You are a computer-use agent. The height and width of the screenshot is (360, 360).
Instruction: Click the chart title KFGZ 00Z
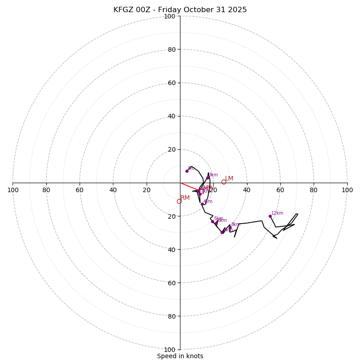[x=180, y=10]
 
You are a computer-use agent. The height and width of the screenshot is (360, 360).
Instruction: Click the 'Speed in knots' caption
[x=180, y=356]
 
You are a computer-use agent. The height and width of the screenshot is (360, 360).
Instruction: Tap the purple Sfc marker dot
[x=187, y=171]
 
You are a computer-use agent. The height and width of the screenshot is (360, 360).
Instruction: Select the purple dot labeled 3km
[x=207, y=178]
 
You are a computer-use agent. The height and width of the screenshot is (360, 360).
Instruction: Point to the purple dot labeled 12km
[x=270, y=216]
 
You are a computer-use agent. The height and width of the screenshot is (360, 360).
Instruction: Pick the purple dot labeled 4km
[x=202, y=204]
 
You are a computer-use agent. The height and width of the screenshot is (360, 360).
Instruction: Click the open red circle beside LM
[x=224, y=182]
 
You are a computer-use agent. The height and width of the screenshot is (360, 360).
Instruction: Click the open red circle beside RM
[x=179, y=201]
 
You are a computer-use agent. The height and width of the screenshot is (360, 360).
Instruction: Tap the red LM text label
[x=229, y=179]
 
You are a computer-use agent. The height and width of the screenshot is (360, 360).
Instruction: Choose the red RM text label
[x=185, y=198]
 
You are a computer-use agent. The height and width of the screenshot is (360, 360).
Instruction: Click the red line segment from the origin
[x=189, y=186]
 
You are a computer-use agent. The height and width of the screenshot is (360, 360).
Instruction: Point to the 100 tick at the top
[x=169, y=16]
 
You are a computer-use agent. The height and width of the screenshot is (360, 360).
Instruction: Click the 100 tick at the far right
[x=347, y=190]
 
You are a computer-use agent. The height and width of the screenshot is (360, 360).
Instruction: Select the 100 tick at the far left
[x=13, y=190]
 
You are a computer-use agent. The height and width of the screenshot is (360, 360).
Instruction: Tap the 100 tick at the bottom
[x=169, y=349]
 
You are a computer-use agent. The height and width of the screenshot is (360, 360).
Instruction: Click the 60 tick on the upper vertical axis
[x=171, y=83]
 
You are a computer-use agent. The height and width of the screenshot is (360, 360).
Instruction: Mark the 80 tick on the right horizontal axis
[x=314, y=190]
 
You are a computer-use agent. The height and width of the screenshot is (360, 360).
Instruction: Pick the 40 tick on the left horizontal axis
[x=113, y=190]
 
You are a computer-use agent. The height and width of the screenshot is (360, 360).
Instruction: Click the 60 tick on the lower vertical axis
[x=171, y=283]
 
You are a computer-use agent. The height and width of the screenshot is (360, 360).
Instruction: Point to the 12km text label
[x=277, y=213]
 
